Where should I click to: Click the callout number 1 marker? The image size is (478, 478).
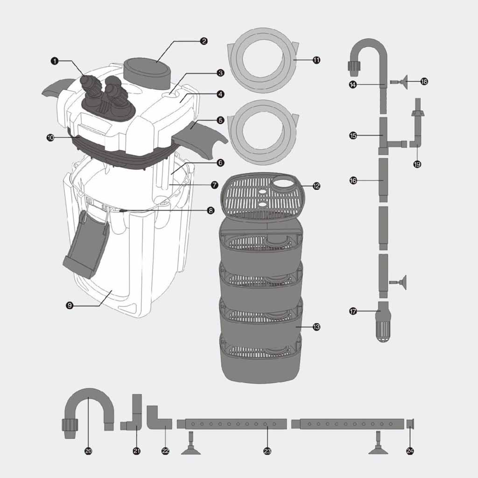coord(55,61)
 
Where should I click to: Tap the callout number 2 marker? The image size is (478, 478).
coord(204,41)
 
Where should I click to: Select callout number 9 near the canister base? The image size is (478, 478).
coord(70,305)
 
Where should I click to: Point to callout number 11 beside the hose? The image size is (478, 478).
coord(317,60)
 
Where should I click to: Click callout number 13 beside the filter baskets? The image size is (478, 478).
coord(317,327)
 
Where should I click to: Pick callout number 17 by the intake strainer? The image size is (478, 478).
coord(353,311)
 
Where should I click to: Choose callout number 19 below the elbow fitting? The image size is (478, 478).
coord(417,164)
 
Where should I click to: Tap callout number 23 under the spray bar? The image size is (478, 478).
coord(267,451)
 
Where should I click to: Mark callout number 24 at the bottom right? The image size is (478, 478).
coord(410,451)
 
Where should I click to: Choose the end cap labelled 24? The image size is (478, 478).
coord(411,424)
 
